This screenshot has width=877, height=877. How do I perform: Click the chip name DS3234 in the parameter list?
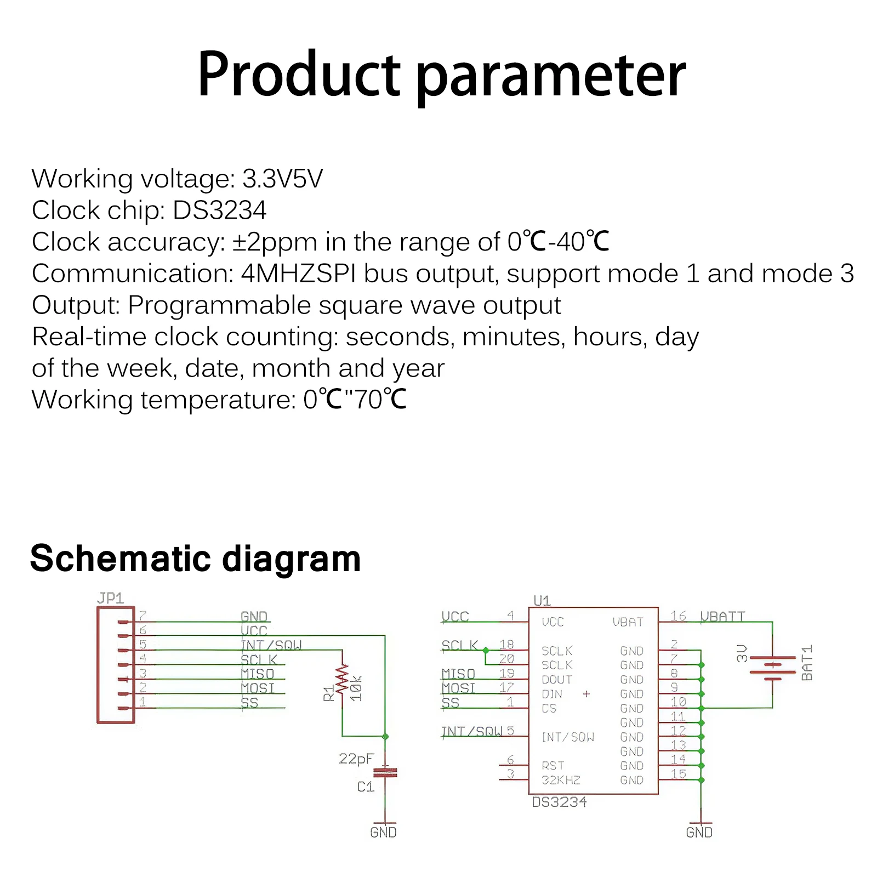[219, 210]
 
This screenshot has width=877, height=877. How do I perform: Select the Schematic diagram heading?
[195, 559]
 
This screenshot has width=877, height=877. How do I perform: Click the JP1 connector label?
[110, 598]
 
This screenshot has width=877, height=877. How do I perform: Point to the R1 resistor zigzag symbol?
[342, 680]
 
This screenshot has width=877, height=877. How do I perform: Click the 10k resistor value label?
[357, 688]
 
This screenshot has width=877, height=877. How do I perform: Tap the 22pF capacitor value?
[356, 759]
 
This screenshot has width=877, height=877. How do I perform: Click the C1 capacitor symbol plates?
[385, 773]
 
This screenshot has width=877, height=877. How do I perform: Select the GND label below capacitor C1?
[383, 833]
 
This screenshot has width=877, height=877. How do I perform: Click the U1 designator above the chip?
[542, 601]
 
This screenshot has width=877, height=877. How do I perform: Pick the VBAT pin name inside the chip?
[628, 622]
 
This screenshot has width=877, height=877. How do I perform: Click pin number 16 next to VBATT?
[678, 616]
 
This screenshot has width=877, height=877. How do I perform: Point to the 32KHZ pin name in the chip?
[561, 780]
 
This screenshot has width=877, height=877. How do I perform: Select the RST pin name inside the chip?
[553, 766]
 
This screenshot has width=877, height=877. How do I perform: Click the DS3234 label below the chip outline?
[559, 802]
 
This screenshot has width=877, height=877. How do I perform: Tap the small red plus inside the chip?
[586, 694]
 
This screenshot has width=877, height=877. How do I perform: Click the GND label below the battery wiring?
[699, 833]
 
